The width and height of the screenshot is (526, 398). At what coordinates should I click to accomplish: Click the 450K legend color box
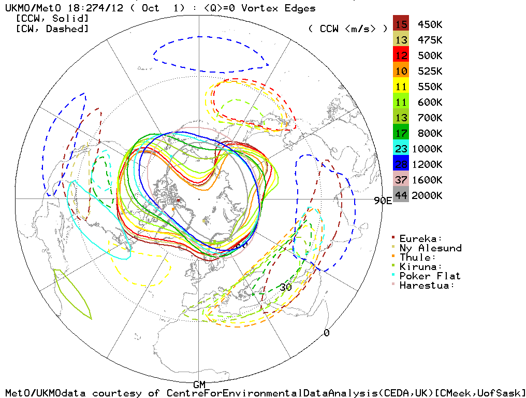pyautogui.click(x=401, y=24)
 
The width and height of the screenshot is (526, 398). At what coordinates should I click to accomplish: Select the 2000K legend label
pyautogui.click(x=427, y=195)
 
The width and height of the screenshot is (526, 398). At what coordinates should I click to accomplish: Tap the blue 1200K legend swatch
pyautogui.click(x=401, y=164)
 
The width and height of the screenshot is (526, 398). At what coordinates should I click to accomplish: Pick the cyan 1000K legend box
pyautogui.click(x=401, y=149)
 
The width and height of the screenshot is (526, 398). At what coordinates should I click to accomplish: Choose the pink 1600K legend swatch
pyautogui.click(x=401, y=180)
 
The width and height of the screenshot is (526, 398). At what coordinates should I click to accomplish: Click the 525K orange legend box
pyautogui.click(x=401, y=71)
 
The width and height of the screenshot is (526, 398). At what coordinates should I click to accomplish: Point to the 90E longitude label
pyautogui.click(x=383, y=201)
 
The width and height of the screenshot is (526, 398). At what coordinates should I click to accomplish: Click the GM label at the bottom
pyautogui.click(x=199, y=385)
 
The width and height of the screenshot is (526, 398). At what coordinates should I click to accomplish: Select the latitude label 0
pyautogui.click(x=326, y=333)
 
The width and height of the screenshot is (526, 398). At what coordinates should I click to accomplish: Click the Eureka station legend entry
pyautogui.click(x=420, y=239)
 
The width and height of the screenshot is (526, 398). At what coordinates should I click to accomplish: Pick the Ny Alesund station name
pyautogui.click(x=430, y=248)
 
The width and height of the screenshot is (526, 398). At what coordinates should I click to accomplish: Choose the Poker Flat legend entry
pyautogui.click(x=429, y=276)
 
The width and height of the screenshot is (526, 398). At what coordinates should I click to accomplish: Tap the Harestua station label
pyautogui.click(x=427, y=286)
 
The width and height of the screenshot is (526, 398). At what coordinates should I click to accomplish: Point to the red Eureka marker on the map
pyautogui.click(x=178, y=200)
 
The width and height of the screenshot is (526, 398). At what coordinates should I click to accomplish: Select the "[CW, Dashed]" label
pyautogui.click(x=52, y=29)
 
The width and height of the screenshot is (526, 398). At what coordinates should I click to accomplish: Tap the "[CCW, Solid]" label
pyautogui.click(x=52, y=19)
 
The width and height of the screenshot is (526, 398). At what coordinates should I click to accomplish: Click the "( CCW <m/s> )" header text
pyautogui.click(x=347, y=29)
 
